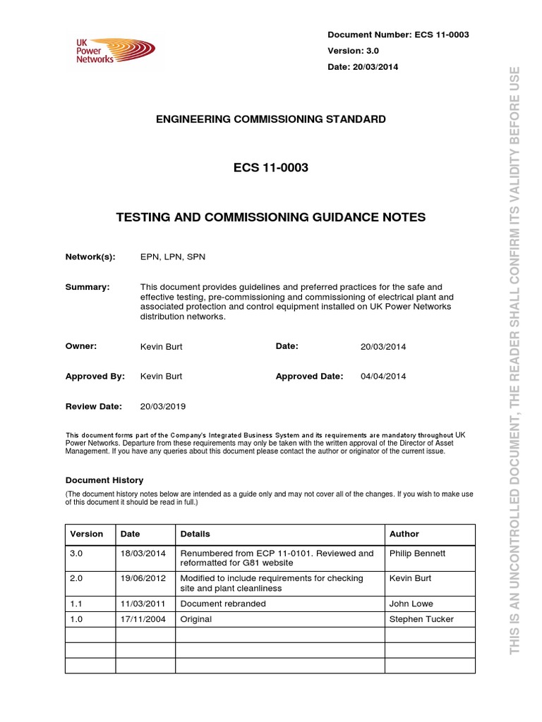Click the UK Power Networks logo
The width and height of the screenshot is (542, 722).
coord(114,51)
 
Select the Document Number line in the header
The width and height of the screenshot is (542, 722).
coord(398,35)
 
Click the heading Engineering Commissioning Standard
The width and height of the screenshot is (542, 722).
coord(270,119)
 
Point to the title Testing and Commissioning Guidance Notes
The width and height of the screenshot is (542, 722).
coord(270,218)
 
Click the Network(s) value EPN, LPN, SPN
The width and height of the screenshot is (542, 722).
coord(172,258)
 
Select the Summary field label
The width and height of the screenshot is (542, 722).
coord(88,287)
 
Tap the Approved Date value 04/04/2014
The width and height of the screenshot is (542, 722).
coord(383,377)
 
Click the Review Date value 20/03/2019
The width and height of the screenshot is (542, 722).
coord(164,407)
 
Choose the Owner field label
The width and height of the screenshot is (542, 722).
coord(80,346)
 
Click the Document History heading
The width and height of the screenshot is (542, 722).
coord(104,480)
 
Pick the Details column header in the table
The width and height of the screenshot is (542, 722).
coord(195,534)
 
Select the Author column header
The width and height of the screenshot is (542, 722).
coord(404,534)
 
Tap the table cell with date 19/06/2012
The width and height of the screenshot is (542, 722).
coord(143,578)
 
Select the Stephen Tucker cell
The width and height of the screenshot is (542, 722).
coord(421,620)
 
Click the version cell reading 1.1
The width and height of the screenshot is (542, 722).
coord(77,604)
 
